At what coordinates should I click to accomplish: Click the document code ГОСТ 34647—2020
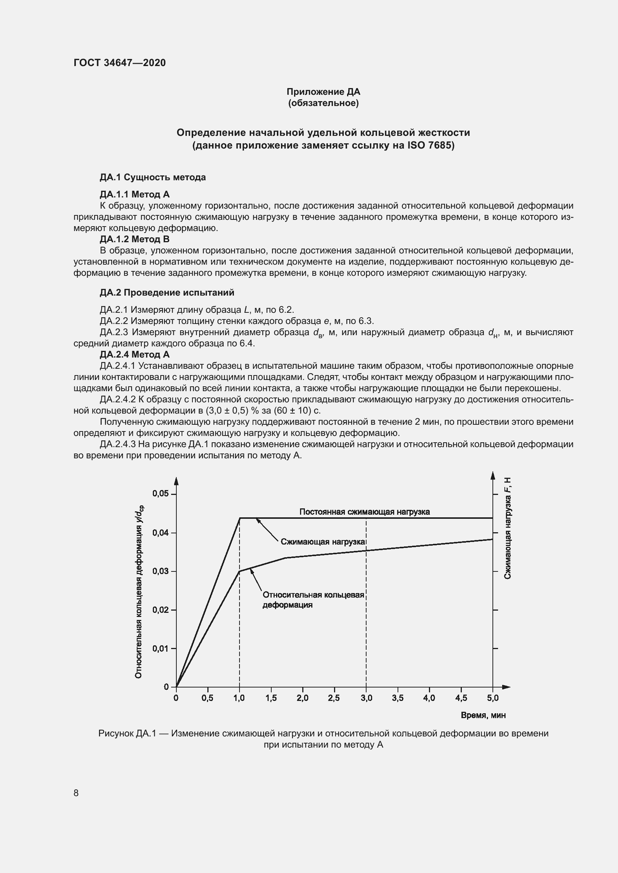120,63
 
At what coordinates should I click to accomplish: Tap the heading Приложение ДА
323,92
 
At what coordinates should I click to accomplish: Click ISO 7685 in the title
430,145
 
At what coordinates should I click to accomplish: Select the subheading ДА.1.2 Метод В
135,239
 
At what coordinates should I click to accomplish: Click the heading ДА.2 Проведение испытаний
167,292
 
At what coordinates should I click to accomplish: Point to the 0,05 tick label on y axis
160,493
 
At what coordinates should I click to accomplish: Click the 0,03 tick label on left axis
160,571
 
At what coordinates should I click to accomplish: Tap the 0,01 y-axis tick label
160,648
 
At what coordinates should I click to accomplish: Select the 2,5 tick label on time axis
334,698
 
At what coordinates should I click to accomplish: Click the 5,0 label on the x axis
492,698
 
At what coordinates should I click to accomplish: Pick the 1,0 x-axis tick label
239,698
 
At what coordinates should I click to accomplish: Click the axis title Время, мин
483,715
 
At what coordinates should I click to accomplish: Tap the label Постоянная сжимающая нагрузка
364,512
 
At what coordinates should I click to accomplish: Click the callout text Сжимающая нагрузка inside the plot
323,542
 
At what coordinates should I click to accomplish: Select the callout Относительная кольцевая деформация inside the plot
313,600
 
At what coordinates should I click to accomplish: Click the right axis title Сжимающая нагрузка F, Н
507,529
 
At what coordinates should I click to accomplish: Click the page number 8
76,793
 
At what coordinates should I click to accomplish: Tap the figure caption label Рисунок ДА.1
127,733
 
